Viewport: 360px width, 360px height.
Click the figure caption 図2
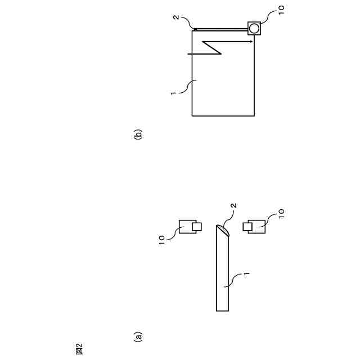79,348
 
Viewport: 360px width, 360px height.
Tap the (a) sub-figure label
138,336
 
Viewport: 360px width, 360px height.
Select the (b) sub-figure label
138,135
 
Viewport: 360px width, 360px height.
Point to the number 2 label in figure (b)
175,17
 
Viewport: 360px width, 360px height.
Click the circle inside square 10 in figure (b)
254,28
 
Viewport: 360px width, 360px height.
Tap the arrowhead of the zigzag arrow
250,42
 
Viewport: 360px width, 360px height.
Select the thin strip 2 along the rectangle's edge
223,29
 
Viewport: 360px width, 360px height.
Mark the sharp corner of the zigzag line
221,54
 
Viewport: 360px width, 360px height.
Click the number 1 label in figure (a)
246,274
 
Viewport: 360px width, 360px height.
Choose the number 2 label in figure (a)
233,206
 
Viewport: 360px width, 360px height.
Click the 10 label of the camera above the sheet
162,240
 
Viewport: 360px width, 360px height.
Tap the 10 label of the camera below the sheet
281,214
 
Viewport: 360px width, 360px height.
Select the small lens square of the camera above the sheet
196,227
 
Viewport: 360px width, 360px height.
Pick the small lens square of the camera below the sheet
246,226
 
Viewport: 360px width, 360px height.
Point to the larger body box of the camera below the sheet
258,226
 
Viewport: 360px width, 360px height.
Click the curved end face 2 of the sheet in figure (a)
223,230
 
